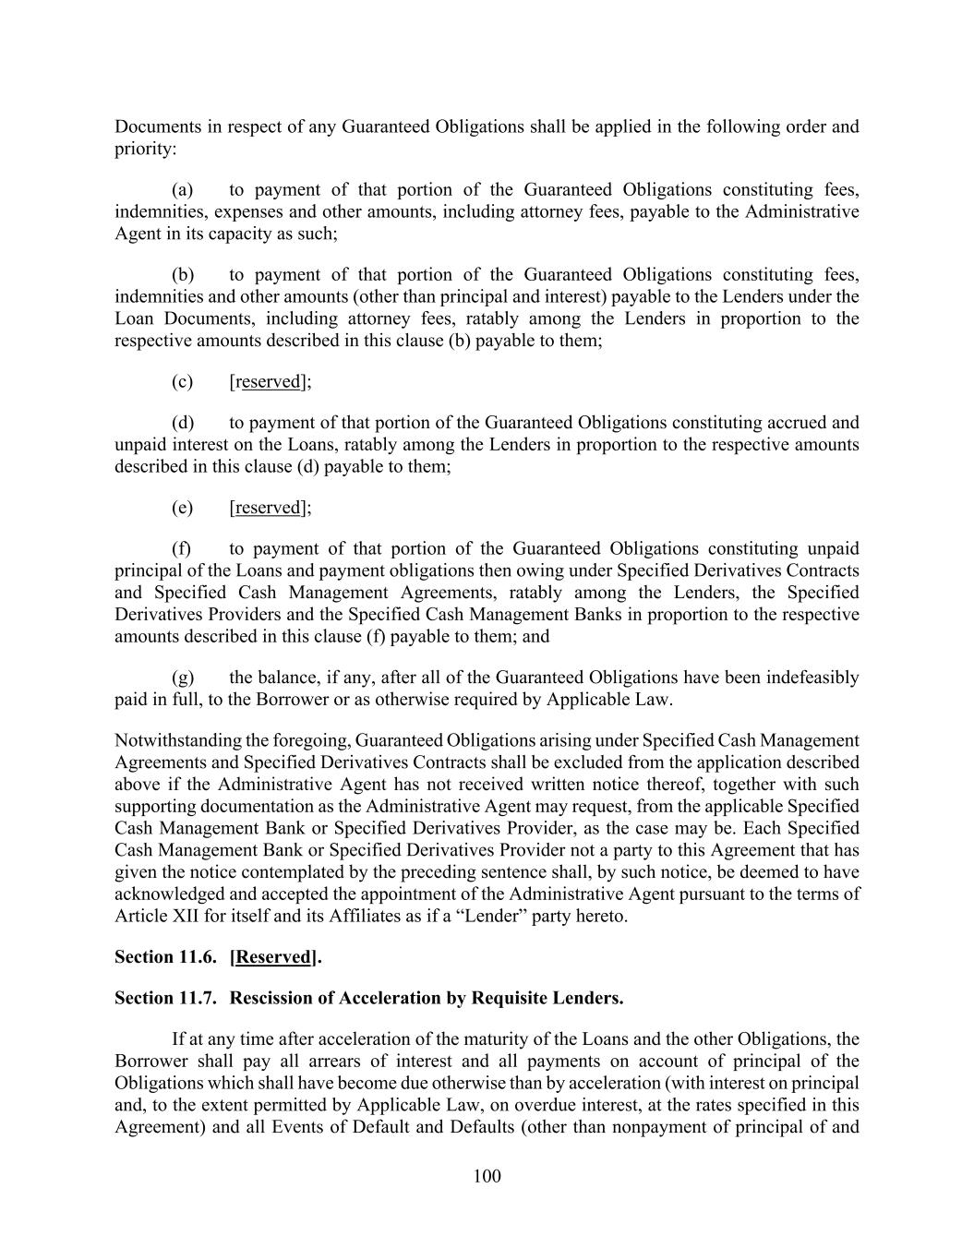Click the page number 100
coord(487,1175)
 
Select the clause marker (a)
coord(182,190)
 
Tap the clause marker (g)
coord(182,678)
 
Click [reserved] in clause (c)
coord(269,381)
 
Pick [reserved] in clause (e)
coord(269,508)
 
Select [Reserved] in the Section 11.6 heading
coord(273,957)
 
